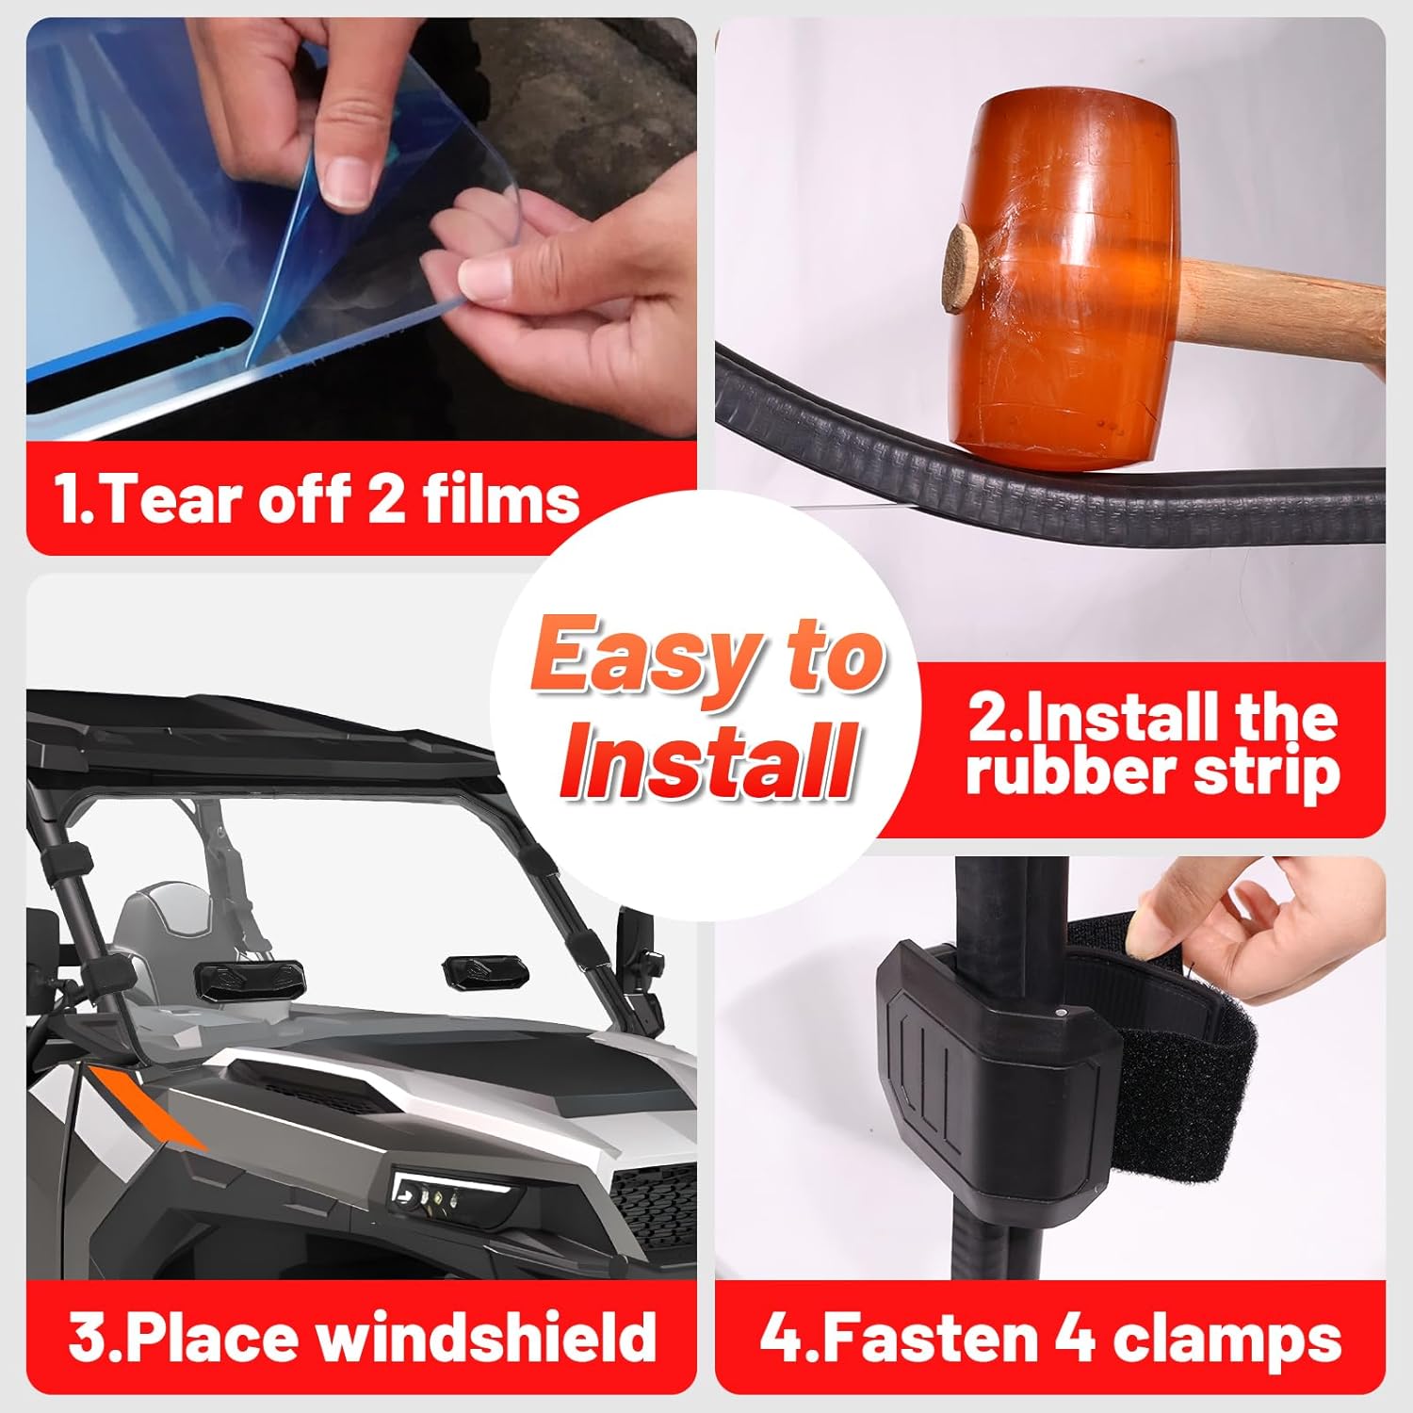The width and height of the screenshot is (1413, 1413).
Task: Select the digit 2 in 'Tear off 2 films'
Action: (x=386, y=498)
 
